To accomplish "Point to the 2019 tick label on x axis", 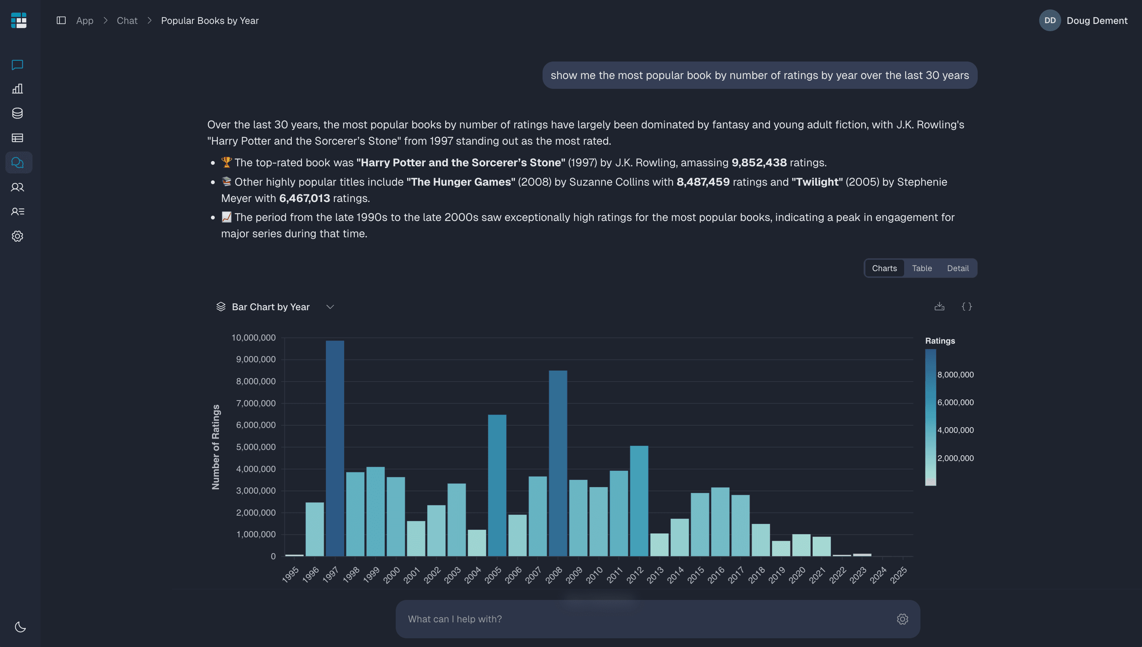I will pos(777,575).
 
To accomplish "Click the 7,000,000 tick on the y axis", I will pos(256,403).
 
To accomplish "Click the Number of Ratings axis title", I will pos(216,447).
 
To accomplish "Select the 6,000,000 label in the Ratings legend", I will pos(955,402).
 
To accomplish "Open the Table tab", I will pos(922,268).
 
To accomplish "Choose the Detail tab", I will pos(958,268).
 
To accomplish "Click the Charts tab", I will pos(884,268).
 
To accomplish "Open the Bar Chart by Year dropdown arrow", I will pos(330,307).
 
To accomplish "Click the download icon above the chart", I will pos(939,307).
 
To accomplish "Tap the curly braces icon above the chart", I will pos(967,307).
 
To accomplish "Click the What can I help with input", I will pos(644,619).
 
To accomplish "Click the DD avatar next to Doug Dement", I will pos(1050,21).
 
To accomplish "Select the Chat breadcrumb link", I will pos(127,21).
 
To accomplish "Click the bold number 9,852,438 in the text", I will pos(759,163).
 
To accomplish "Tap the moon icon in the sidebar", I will pos(20,627).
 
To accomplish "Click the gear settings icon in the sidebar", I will pos(17,236).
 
